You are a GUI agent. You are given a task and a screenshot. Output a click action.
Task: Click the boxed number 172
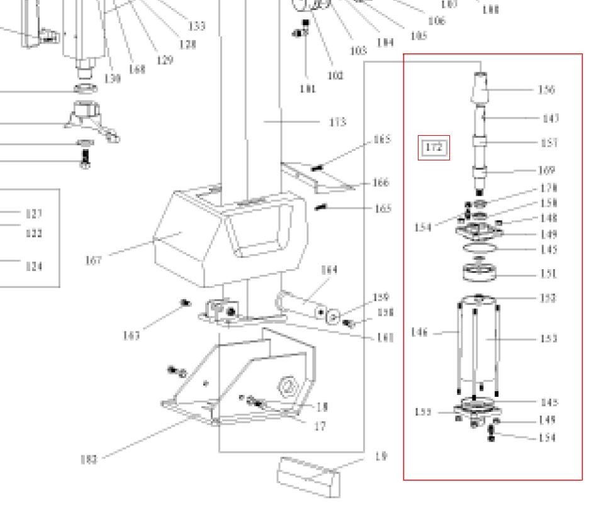point(434,148)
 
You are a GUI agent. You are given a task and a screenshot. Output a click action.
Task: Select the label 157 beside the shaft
point(549,143)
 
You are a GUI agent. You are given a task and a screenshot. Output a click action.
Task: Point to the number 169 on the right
point(547,170)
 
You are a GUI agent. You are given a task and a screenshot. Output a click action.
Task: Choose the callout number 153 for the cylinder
point(549,339)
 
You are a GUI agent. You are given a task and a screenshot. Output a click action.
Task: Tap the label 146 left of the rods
point(419,332)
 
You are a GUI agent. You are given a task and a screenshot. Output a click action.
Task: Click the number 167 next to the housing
point(93,260)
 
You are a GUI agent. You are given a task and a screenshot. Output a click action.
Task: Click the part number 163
point(132,335)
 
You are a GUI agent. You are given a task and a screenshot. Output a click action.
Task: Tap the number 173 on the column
point(338,122)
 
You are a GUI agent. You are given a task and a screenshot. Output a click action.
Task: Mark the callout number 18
point(322,408)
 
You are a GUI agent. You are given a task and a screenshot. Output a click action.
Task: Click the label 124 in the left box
point(34,267)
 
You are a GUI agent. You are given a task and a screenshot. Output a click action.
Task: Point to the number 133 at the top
point(197,26)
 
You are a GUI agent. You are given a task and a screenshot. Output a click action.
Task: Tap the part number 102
point(335,76)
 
